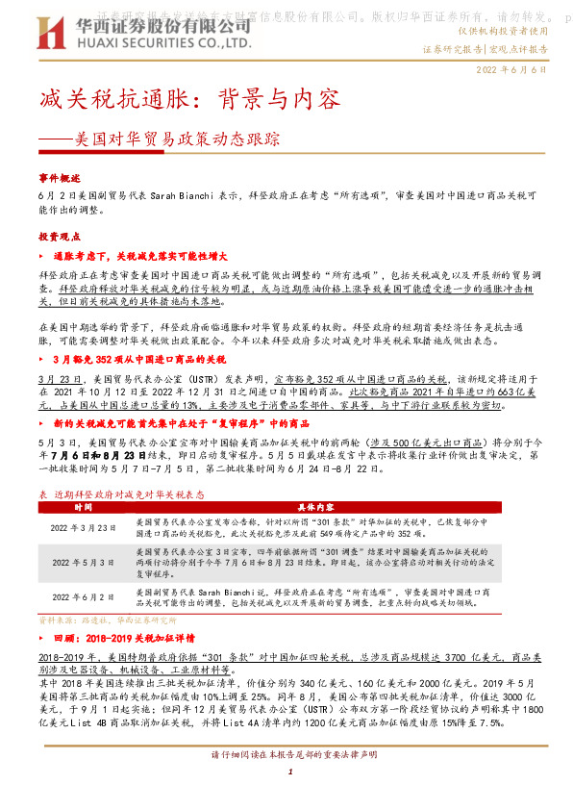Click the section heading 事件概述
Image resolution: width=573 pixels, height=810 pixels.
click(61, 178)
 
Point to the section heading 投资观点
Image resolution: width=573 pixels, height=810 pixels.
click(61, 236)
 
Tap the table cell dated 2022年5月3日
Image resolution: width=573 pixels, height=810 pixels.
click(83, 561)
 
